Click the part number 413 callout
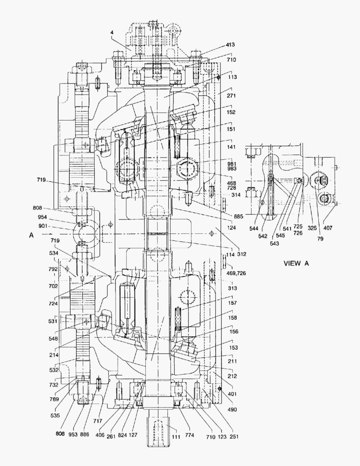[229, 45]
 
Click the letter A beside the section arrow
[31, 235]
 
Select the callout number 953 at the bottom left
[72, 435]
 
